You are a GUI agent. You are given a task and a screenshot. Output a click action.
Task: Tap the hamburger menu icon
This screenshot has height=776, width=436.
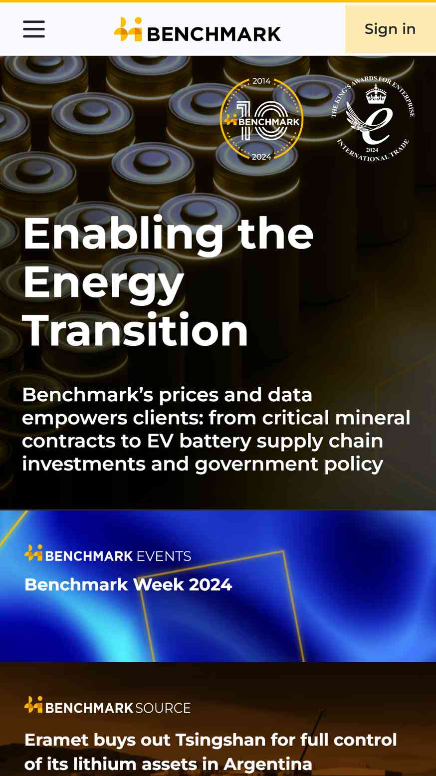pos(34,29)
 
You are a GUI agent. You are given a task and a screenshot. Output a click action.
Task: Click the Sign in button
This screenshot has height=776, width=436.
pos(390,29)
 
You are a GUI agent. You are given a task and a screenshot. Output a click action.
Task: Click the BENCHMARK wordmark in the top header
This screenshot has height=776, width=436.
pos(214,34)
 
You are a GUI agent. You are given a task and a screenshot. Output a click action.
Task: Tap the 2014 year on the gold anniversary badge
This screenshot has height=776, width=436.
pos(261,81)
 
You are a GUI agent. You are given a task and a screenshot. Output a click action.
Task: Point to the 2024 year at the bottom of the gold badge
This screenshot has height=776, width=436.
pos(261,157)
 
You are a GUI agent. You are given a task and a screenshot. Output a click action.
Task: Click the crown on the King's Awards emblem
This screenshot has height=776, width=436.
pos(376,94)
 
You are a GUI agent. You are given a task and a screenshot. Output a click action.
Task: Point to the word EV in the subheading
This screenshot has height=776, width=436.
pos(160,441)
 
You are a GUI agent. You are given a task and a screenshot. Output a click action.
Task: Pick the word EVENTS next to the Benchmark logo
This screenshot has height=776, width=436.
pos(164,556)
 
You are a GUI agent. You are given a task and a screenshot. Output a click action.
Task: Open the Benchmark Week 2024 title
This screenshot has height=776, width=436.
pos(128,585)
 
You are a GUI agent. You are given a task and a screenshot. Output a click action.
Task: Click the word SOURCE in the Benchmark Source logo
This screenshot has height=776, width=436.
pos(163,708)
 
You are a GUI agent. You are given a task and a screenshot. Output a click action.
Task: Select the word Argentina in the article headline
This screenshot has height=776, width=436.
pos(268,764)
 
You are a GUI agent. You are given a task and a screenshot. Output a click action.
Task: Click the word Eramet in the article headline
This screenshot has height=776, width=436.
pos(56,740)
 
